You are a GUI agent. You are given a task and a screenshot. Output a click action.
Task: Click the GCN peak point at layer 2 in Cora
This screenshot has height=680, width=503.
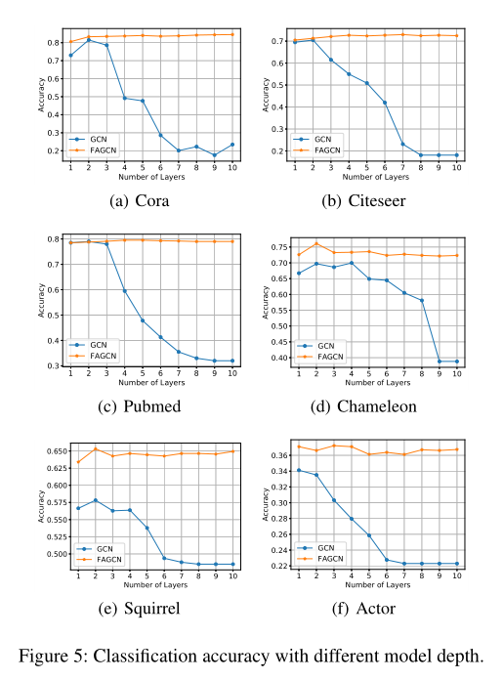point(88,40)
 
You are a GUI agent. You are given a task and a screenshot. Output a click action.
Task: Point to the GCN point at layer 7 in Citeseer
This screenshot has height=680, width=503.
point(402,144)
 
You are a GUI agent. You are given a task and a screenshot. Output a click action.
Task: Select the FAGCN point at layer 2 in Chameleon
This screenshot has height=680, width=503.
point(314,243)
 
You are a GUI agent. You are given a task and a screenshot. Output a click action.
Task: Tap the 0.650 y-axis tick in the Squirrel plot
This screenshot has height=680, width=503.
point(50,450)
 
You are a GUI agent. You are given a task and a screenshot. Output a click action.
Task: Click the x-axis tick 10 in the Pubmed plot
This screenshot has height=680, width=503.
point(232,374)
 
